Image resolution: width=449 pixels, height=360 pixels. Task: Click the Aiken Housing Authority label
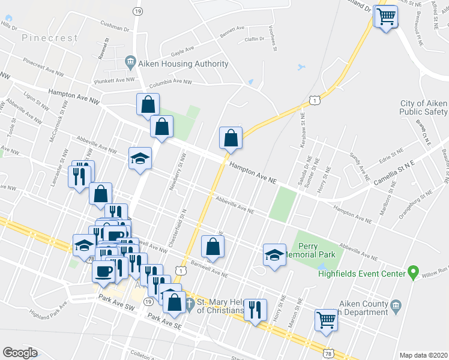[x=183, y=64]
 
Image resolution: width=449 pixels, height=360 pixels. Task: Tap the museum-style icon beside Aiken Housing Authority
[x=130, y=62]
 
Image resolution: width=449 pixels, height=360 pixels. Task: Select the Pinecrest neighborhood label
[x=50, y=38]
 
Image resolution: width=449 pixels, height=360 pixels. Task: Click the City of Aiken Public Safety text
[x=424, y=107]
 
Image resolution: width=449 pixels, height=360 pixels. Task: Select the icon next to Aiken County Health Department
[x=396, y=307]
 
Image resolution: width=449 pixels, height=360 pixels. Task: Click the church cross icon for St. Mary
[x=190, y=303]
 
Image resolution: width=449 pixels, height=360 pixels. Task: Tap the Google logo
[x=20, y=353]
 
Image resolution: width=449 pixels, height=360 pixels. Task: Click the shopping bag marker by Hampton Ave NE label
[x=231, y=138]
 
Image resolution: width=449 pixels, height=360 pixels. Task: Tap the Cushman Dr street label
[x=116, y=28]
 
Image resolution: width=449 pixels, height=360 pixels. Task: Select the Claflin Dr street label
[x=255, y=39]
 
